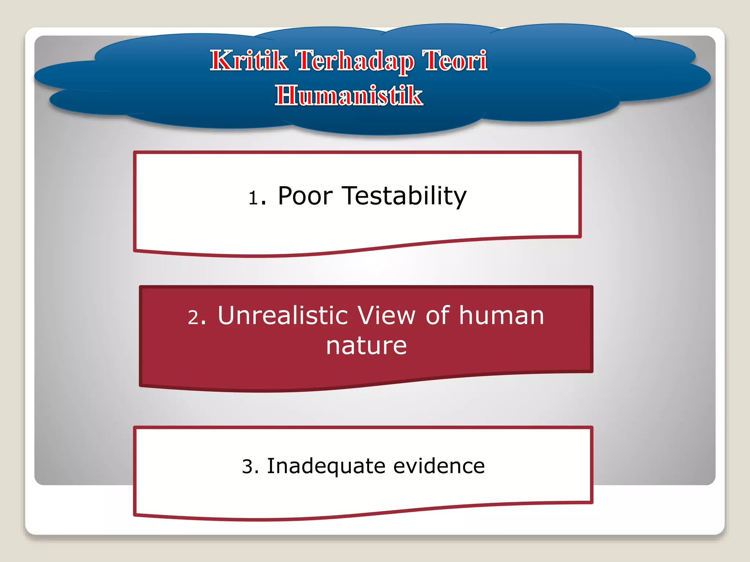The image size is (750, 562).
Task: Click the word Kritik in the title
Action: [249, 61]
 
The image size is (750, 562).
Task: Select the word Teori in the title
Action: [454, 61]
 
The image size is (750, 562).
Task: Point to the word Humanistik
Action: [349, 95]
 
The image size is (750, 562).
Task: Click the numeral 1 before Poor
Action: [253, 198]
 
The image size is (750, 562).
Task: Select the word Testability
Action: [404, 196]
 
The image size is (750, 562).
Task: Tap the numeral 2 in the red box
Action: [194, 317]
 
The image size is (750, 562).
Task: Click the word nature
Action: [366, 346]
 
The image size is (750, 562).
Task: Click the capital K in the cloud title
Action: [221, 61]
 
